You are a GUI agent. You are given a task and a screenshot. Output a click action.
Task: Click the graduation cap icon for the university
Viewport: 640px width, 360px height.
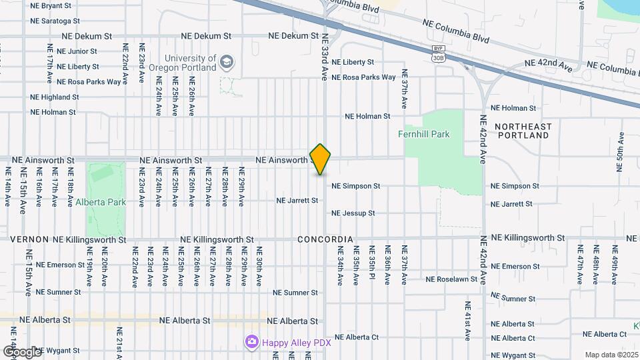[228, 62]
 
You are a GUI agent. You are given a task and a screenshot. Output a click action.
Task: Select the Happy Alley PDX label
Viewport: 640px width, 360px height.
[296, 342]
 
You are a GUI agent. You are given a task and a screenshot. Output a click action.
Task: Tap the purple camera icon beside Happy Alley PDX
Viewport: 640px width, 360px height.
[251, 342]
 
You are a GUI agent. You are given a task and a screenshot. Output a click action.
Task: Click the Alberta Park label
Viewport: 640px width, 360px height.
[101, 202]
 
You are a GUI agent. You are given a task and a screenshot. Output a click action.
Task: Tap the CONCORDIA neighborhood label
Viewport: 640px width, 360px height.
[325, 239]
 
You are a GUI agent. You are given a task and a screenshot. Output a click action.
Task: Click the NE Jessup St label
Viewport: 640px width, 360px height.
[353, 213]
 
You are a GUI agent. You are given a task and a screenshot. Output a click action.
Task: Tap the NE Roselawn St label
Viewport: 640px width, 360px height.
[452, 279]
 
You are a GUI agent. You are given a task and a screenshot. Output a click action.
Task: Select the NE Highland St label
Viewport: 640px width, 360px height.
[55, 97]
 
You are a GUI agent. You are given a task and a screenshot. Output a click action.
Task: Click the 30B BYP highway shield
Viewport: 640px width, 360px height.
[438, 54]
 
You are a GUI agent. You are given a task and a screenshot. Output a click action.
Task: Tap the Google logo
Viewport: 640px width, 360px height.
[22, 351]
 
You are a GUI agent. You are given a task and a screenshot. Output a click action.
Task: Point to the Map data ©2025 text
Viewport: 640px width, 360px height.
[612, 355]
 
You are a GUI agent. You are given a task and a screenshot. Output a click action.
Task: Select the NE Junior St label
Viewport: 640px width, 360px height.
[77, 51]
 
